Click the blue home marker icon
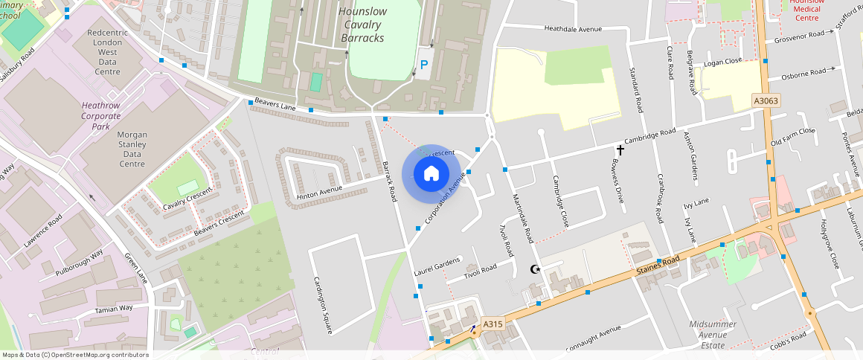(x=431, y=174)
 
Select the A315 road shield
(x=493, y=324)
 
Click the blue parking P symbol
(x=425, y=65)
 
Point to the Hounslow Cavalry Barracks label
(x=362, y=25)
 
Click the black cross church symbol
(x=620, y=150)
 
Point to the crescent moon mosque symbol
(x=533, y=269)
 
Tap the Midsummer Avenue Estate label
(x=712, y=335)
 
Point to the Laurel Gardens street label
(x=437, y=266)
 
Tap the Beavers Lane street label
(x=276, y=103)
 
